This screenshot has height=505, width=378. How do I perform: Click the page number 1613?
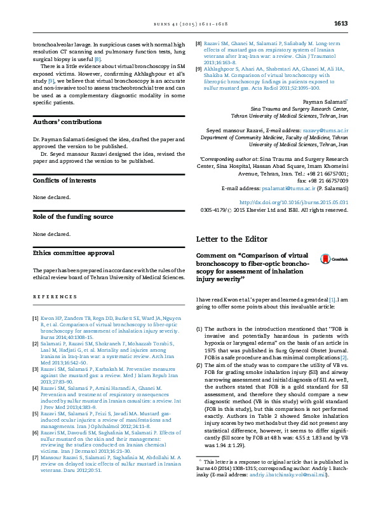point(341,24)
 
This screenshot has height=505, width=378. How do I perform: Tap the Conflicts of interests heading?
point(64,181)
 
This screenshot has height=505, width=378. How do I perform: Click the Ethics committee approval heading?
point(74,253)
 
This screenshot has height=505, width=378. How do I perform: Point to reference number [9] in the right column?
point(199,68)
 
